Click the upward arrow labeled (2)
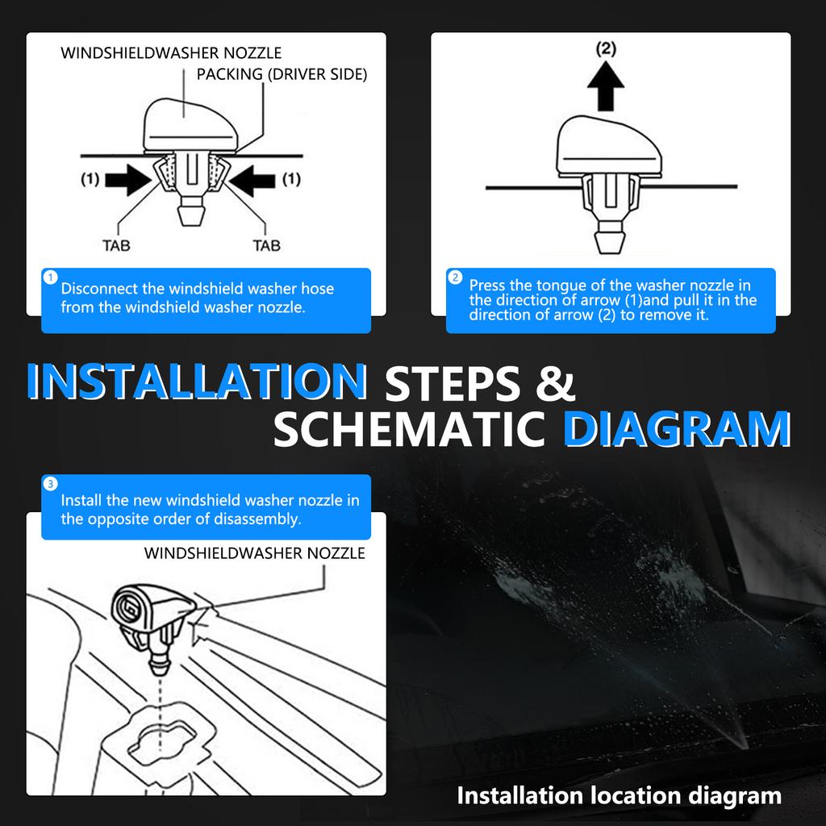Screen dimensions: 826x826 click(605, 86)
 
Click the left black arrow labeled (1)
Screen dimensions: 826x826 click(128, 180)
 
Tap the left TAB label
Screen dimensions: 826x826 click(116, 245)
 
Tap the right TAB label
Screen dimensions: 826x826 click(266, 245)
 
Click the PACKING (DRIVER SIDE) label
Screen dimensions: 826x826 click(282, 74)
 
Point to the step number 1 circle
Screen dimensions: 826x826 click(51, 277)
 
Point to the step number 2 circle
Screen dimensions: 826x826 click(455, 277)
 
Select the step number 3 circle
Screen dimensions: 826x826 click(51, 484)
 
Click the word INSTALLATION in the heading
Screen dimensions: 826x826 click(197, 381)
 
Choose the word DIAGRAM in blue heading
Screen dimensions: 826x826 click(677, 429)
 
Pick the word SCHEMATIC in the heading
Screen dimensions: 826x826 click(409, 429)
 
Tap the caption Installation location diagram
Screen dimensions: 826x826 click(619, 795)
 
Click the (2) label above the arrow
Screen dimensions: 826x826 click(606, 49)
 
